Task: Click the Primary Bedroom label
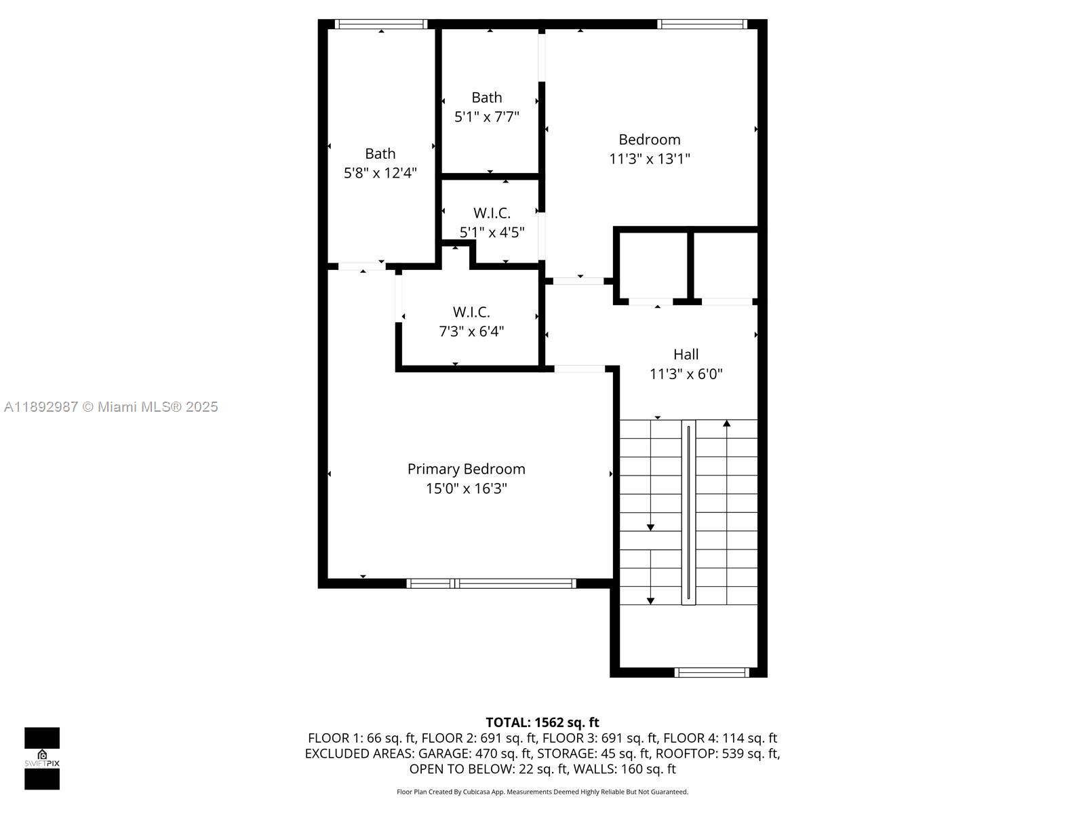466,469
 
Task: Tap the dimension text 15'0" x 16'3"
466,488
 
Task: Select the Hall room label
686,354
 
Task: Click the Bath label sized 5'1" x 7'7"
487,98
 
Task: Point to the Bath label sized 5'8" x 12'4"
380,154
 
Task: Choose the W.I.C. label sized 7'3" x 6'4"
471,312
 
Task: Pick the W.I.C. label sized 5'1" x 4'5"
492,213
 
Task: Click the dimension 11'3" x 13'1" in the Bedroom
649,159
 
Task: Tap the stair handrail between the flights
688,512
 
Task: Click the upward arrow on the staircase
726,425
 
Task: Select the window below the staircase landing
711,672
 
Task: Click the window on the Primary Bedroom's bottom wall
491,583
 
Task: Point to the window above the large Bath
381,24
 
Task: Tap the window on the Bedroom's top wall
702,24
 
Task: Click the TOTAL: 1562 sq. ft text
542,722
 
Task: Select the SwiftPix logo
42,758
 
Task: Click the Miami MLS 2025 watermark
111,407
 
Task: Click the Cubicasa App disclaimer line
542,792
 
